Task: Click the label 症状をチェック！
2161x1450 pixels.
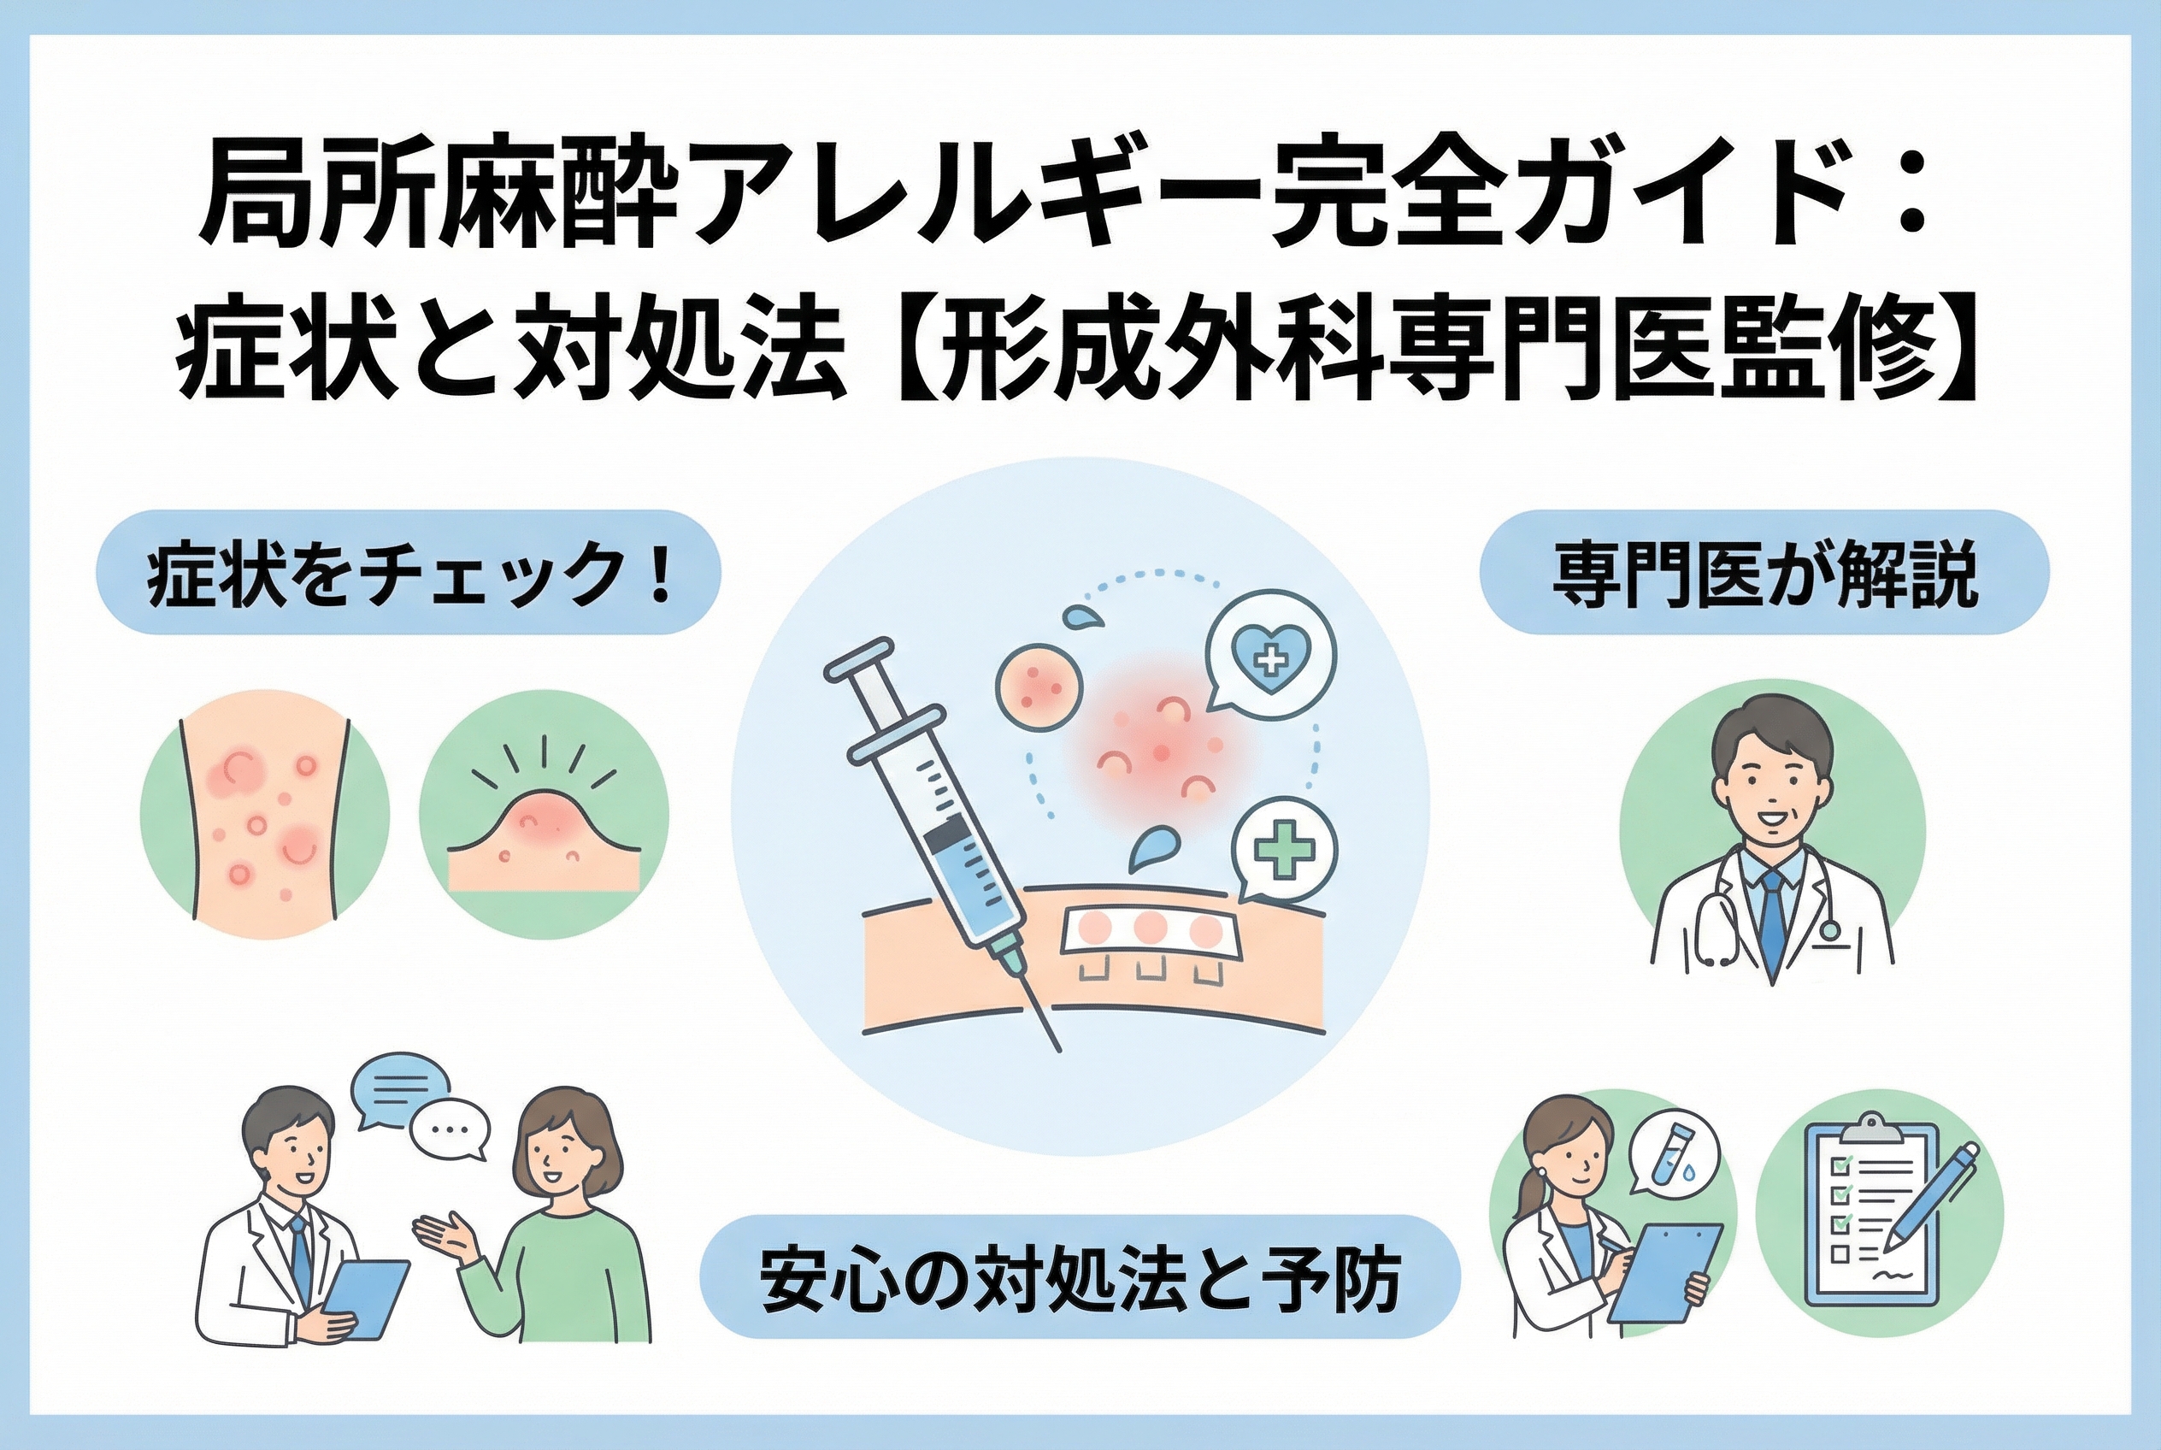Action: (409, 574)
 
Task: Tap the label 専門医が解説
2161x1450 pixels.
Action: (1764, 574)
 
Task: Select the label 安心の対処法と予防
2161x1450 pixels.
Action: (1079, 1279)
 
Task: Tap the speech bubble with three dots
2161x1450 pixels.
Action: (449, 1132)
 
